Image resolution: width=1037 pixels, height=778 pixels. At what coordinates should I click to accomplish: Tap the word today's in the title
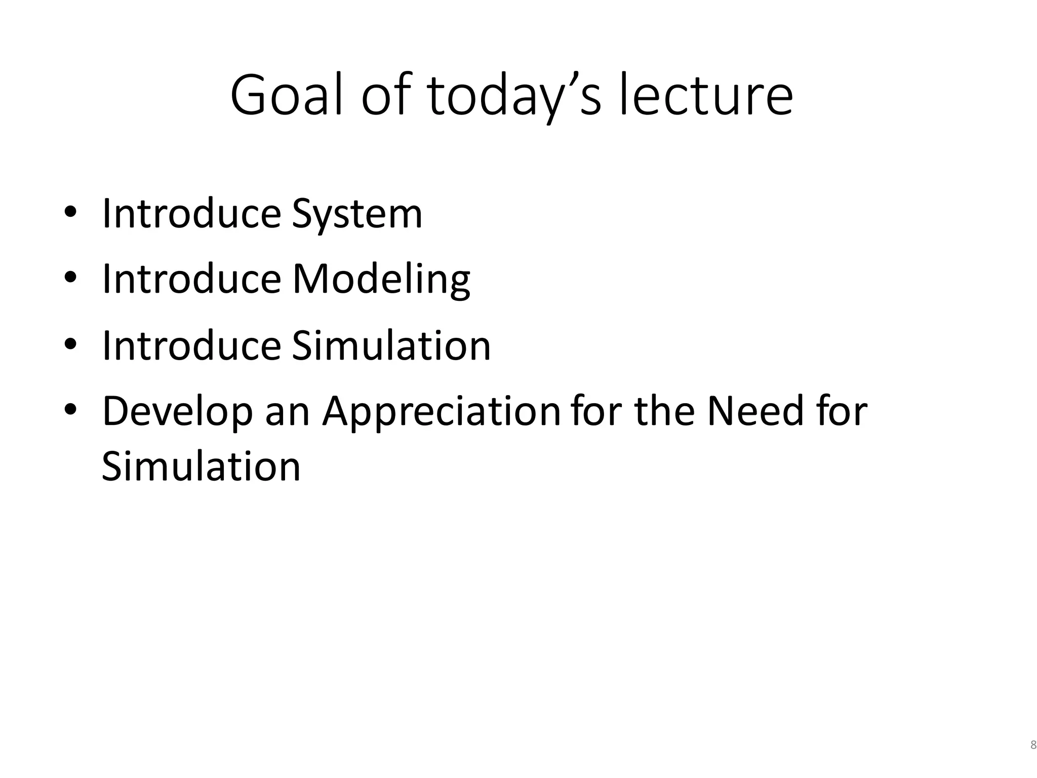pos(514,95)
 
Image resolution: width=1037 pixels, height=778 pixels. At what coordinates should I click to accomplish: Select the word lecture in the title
pos(706,95)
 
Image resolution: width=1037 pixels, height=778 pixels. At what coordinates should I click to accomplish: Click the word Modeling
pos(381,280)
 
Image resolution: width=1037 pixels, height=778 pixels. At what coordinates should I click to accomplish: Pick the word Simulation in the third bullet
pos(391,346)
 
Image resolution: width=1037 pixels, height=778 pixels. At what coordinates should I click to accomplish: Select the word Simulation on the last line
pos(201,466)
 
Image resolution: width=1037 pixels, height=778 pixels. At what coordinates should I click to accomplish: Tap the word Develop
pos(177,412)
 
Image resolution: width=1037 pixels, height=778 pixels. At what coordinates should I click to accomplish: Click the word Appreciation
pos(442,412)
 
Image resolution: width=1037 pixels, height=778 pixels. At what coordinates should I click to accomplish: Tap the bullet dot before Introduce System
pos(70,211)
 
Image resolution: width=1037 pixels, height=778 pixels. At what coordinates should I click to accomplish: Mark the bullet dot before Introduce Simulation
pos(70,343)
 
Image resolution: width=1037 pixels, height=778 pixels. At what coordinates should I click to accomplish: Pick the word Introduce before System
pos(191,213)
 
